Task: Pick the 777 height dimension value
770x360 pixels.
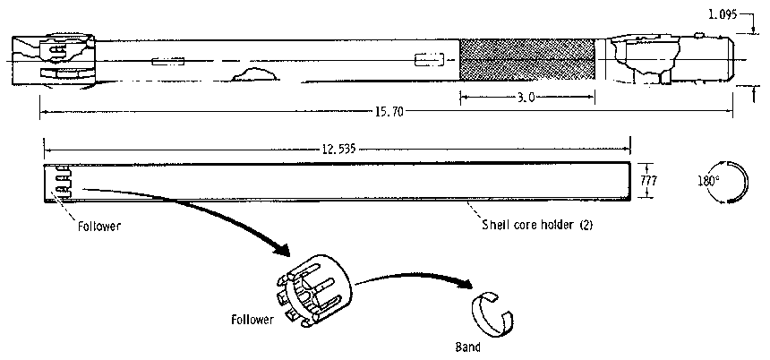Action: click(651, 181)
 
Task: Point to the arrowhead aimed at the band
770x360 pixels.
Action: click(465, 284)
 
